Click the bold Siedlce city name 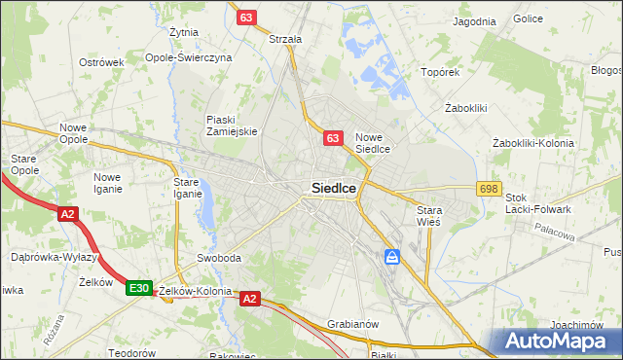coord(332,188)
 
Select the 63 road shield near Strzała coord(247,18)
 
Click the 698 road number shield coord(489,189)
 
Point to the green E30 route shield coord(138,288)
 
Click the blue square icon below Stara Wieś coord(391,257)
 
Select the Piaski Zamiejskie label coord(231,126)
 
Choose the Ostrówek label coord(101,62)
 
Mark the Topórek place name coord(439,72)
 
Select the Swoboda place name coord(218,258)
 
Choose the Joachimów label coord(574,325)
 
